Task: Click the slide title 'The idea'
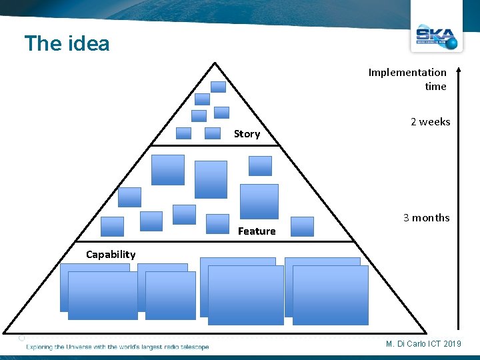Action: pyautogui.click(x=67, y=44)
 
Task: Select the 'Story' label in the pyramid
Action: pyautogui.click(x=247, y=134)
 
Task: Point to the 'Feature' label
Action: pyautogui.click(x=257, y=231)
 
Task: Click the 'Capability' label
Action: pyautogui.click(x=111, y=254)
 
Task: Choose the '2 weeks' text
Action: pyautogui.click(x=430, y=122)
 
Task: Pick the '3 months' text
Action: pyautogui.click(x=426, y=218)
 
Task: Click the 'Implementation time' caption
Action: pyautogui.click(x=407, y=79)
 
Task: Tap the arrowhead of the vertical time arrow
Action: pyautogui.click(x=460, y=70)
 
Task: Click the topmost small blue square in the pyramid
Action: pyautogui.click(x=218, y=87)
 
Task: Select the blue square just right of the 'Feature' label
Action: pyautogui.click(x=302, y=227)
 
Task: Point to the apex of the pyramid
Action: pyautogui.click(x=215, y=63)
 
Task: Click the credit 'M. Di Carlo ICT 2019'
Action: pyautogui.click(x=423, y=343)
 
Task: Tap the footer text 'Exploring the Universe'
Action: pyautogui.click(x=117, y=347)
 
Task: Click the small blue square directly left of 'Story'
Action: pyautogui.click(x=213, y=133)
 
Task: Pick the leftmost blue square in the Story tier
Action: pyautogui.click(x=183, y=133)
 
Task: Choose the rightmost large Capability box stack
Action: pyautogui.click(x=327, y=291)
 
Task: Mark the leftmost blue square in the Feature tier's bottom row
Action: pyautogui.click(x=112, y=227)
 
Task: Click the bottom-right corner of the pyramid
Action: pyautogui.click(x=425, y=332)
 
